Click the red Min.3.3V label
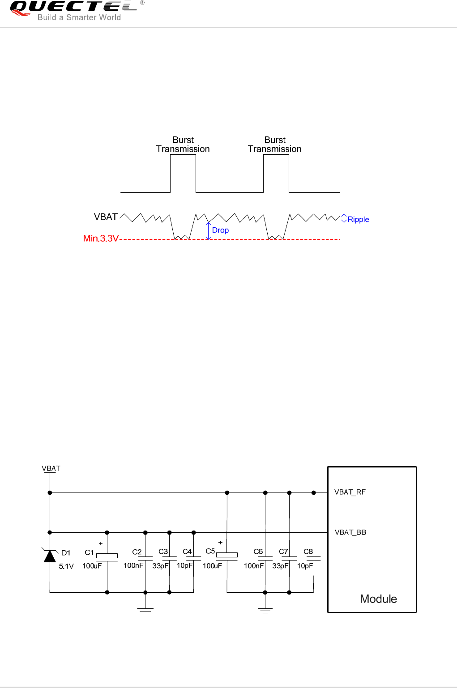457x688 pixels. coord(101,238)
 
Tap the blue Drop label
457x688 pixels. coord(220,230)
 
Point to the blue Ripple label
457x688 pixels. coord(358,220)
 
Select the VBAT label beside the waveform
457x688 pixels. coord(106,217)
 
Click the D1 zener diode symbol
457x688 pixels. coord(50,556)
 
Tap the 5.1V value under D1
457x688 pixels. coord(66,566)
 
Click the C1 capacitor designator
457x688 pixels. coord(89,552)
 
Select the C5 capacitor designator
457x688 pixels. coord(210,551)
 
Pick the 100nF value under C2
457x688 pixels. coord(133,565)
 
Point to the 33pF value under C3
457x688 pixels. coord(160,566)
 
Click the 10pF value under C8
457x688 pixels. coord(305,566)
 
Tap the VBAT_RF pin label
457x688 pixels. coord(350,492)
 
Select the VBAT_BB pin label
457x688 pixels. coord(350,532)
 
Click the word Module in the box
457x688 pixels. coord(378,599)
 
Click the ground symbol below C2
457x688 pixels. coord(145,611)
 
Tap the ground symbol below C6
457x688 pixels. coord(265,611)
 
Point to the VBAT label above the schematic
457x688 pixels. coord(51,468)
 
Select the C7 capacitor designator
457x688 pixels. coord(283,552)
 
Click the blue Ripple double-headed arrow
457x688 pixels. coord(344,218)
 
